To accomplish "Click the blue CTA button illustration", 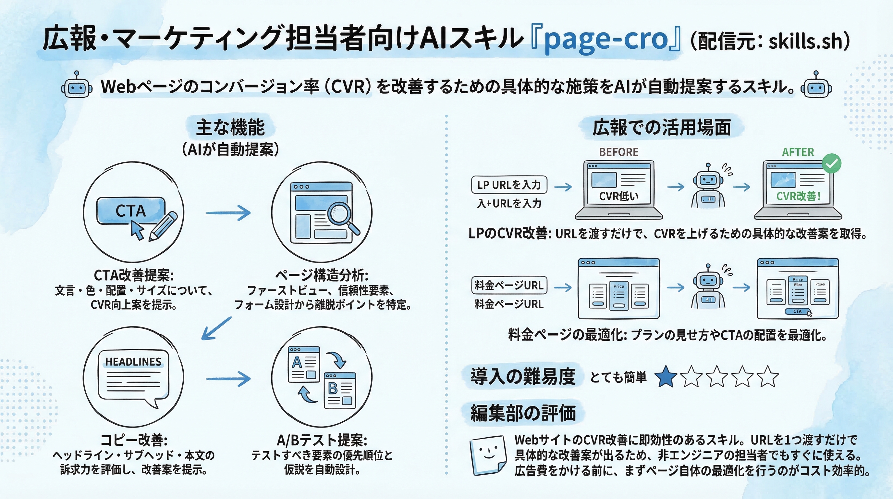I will point(131,211).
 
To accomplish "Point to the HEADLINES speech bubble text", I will point(133,362).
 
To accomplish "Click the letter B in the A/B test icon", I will point(333,388).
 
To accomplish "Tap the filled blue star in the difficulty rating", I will point(666,377).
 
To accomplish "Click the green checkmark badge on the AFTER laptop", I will point(832,163).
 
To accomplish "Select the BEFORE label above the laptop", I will point(619,152).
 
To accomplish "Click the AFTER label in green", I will point(798,152).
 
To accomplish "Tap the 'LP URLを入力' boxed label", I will point(509,185).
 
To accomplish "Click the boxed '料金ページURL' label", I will point(509,286).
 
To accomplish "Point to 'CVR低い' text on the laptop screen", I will point(619,197).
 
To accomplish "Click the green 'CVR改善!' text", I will point(798,197).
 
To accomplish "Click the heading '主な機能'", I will point(230,127).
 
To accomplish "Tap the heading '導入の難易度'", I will point(523,377).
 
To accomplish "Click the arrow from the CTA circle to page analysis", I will point(228,213).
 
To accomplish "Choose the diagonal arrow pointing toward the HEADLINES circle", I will point(216,328).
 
